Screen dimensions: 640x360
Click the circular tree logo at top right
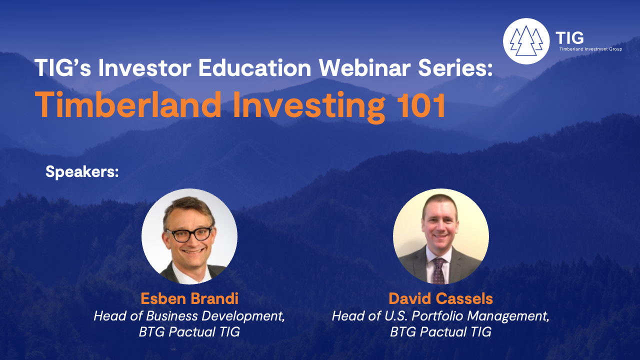526,41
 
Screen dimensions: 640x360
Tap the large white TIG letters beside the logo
569,37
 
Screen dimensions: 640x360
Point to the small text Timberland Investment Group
590,49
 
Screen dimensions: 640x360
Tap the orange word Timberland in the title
128,104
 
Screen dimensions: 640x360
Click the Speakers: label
82,172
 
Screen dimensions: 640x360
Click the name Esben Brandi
189,298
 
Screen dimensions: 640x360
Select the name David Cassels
440,298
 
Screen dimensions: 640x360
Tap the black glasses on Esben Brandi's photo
189,234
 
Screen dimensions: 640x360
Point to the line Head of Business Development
189,316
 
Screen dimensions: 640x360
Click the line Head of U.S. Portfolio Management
440,316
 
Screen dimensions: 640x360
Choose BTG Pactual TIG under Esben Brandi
189,332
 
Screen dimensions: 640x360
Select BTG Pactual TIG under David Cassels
440,332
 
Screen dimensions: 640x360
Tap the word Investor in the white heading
144,67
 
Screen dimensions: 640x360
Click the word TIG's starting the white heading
62,67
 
